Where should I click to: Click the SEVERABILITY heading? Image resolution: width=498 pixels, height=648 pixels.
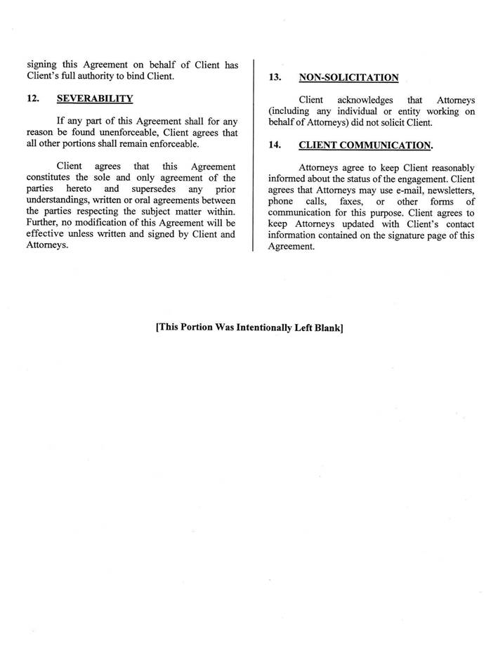(x=95, y=98)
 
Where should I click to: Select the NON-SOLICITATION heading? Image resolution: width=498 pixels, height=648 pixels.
(x=348, y=78)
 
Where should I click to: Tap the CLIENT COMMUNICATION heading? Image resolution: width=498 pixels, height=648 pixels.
(x=365, y=145)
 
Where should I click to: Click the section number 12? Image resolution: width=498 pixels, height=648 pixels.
(x=32, y=98)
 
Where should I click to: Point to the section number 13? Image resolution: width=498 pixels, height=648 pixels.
(x=275, y=78)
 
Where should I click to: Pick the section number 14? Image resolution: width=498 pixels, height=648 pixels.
(x=275, y=145)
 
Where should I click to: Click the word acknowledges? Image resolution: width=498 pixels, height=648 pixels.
(x=365, y=100)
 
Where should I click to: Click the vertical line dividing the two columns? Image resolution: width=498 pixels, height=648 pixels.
(x=253, y=155)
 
